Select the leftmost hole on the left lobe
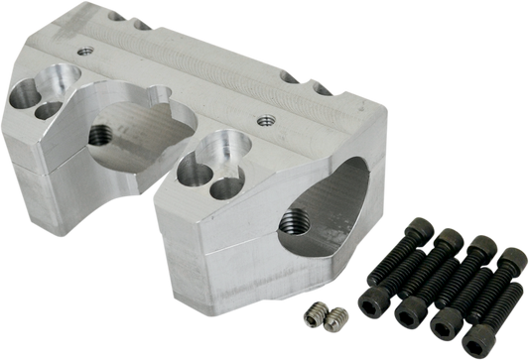(x=24, y=96)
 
